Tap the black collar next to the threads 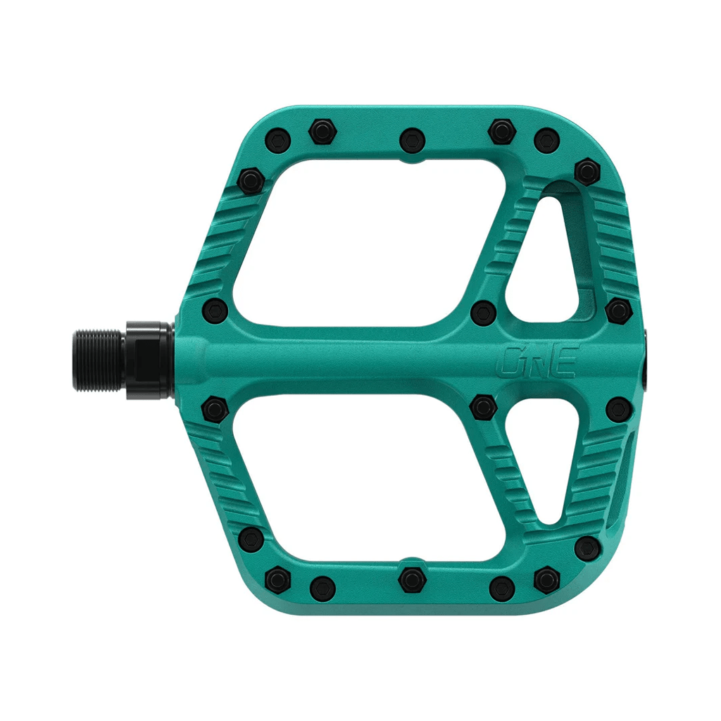click(x=149, y=360)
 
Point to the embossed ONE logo click(x=537, y=360)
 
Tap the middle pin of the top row click(x=412, y=140)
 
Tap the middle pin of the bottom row click(x=412, y=580)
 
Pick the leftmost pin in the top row click(x=278, y=139)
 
